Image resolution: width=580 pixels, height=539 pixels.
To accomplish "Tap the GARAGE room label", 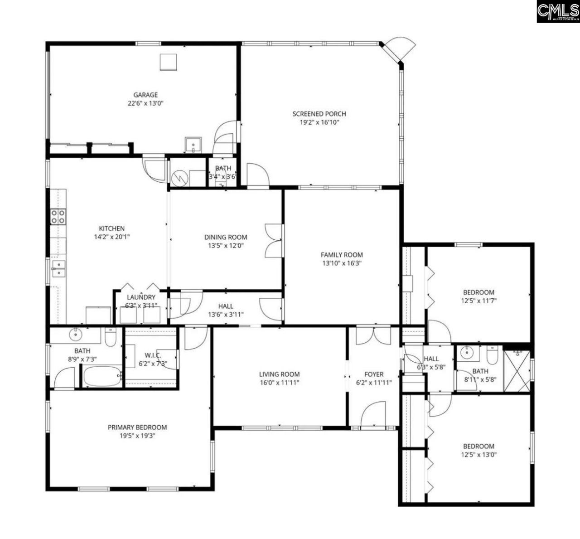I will [x=145, y=95].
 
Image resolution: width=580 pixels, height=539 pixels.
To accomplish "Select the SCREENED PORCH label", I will [x=319, y=114].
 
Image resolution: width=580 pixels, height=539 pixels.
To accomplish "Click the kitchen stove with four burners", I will [x=58, y=216].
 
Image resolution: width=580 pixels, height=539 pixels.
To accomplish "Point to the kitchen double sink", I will [x=58, y=268].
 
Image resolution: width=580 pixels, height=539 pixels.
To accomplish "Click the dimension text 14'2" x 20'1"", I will [x=111, y=237].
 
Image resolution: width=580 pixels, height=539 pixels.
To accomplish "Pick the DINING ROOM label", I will [x=226, y=237].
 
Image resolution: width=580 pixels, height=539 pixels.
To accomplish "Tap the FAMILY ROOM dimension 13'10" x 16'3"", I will [x=342, y=263].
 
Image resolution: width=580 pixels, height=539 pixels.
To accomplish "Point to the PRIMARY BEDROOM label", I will [x=137, y=427].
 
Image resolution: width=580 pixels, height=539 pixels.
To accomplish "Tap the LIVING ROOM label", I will [x=279, y=374].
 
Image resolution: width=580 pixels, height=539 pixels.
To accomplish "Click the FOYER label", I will [x=374, y=374].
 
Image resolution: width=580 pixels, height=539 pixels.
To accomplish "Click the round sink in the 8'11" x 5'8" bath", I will [x=465, y=352].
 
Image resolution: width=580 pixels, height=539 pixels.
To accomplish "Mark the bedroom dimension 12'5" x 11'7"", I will [x=478, y=301].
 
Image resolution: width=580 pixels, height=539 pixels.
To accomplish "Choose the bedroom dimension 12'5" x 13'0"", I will [x=478, y=454].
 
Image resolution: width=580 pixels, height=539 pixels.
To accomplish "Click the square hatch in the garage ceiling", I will [x=168, y=62].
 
